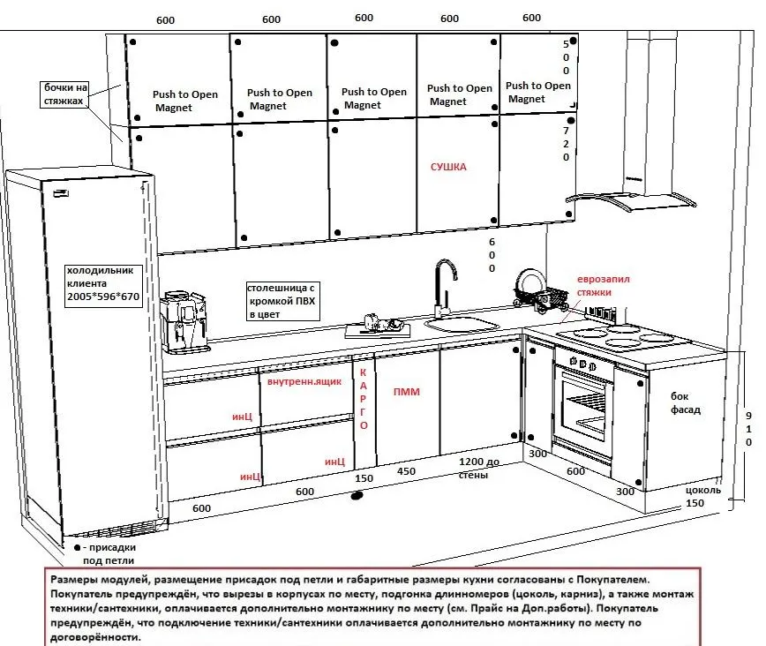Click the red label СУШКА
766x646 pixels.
point(448,167)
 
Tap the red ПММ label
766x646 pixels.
point(407,393)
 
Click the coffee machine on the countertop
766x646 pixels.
point(184,319)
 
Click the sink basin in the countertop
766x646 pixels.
point(461,325)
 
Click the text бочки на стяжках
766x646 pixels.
point(66,95)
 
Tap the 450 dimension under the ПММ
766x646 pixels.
point(407,471)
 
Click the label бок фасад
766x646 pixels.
point(686,404)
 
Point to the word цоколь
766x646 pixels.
point(703,489)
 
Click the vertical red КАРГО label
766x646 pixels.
point(362,400)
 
